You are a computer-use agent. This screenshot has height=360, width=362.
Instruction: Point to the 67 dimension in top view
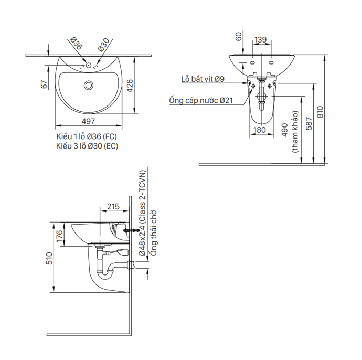(x=45, y=84)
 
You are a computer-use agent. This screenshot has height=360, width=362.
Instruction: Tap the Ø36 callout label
(x=75, y=45)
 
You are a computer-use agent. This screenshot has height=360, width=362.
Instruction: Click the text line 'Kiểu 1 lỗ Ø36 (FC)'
(x=87, y=136)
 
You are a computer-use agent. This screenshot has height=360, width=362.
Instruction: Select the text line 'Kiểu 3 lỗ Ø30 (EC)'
(x=87, y=146)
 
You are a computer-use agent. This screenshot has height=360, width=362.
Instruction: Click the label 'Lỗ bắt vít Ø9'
(x=203, y=79)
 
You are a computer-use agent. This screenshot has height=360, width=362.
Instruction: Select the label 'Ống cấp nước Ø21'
(x=201, y=100)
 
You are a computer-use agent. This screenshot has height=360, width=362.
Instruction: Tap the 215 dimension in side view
(x=112, y=207)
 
